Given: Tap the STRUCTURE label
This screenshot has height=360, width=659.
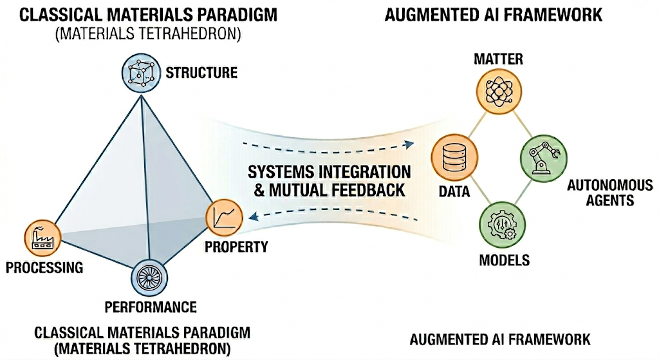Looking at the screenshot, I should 201,71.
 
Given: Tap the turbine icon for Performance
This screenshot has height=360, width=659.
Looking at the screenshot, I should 149,277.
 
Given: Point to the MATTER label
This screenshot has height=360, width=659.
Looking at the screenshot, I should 497,60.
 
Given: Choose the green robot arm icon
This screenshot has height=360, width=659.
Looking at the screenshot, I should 539,155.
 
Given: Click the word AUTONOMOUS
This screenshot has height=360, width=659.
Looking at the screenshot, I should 600,186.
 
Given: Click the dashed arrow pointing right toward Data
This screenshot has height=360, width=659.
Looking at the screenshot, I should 328,142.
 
